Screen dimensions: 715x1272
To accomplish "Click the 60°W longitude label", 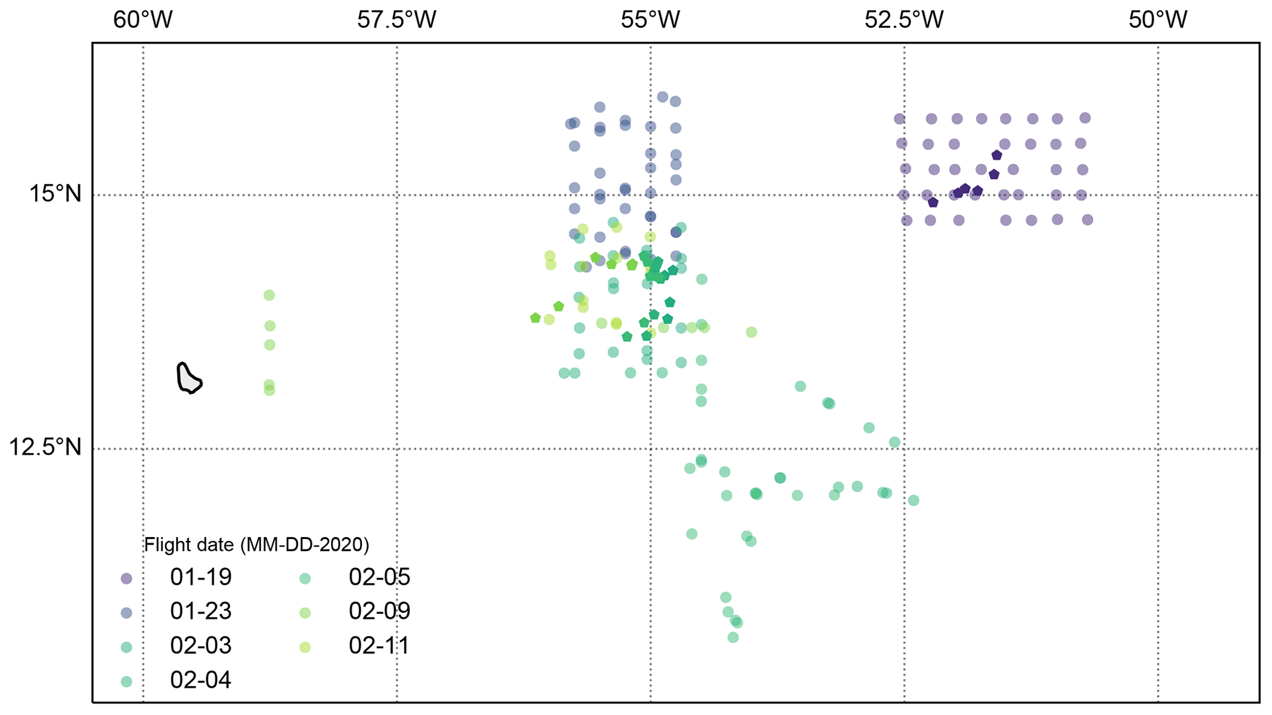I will (143, 20).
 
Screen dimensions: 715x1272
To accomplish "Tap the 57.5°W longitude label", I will (396, 20).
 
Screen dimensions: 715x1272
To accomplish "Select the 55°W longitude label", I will (650, 20).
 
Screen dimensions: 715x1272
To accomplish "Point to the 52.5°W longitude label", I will (904, 20).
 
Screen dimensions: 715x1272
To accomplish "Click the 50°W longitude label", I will (1158, 20).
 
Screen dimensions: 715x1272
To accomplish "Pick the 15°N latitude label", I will (55, 194).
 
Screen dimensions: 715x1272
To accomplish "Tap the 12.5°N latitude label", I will (45, 447).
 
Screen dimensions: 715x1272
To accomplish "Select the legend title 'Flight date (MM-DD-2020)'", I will (257, 545).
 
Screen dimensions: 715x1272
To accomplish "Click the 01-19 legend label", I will (201, 577).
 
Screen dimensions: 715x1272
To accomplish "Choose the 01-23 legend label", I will (201, 612).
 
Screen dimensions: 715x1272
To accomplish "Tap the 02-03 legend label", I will (201, 646).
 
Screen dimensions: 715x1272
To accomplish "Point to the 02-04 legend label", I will (201, 681).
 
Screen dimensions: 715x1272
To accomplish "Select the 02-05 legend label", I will (379, 577).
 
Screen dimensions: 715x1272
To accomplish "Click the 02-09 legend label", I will (379, 612).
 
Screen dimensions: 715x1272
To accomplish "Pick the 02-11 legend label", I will (379, 646).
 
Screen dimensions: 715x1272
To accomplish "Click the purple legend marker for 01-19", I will (126, 578).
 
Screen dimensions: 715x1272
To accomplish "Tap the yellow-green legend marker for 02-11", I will (305, 647).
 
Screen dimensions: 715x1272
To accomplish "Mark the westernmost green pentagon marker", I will (535, 318).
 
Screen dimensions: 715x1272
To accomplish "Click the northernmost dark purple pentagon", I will (997, 155).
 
